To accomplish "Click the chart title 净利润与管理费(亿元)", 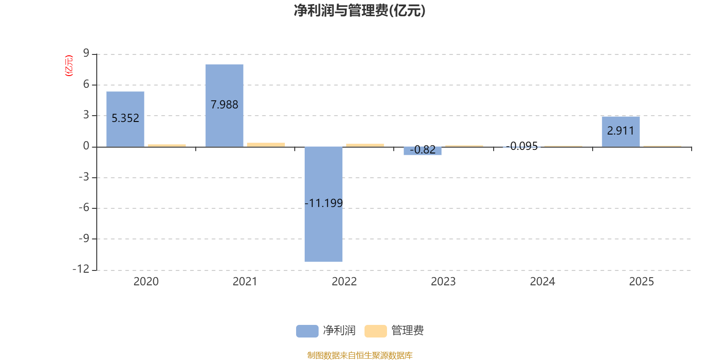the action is coord(360,11).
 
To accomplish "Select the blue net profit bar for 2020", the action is coord(126,119).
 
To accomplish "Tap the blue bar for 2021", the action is coord(225,106).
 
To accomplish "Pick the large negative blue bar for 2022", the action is coord(324,204).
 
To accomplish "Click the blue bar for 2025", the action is coord(621,132).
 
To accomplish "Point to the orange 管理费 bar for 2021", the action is coord(266,144).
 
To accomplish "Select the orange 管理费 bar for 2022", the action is coord(365,145).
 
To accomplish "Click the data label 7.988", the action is coord(225,105).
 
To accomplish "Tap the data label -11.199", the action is coord(324,203).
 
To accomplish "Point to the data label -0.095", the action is coord(522,146).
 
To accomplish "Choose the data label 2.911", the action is coord(621,131).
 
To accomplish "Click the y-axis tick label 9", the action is coord(86,53).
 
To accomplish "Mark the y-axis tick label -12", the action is coord(81,269).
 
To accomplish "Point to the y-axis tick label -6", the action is coord(84,207).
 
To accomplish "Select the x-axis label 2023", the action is coord(443,282).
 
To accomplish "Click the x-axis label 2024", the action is coord(543,282).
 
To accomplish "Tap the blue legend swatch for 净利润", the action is coord(307,331).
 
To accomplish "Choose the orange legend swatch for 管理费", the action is coord(375,331).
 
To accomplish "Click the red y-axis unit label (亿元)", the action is coord(69,66).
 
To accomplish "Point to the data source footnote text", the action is coord(360,355).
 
